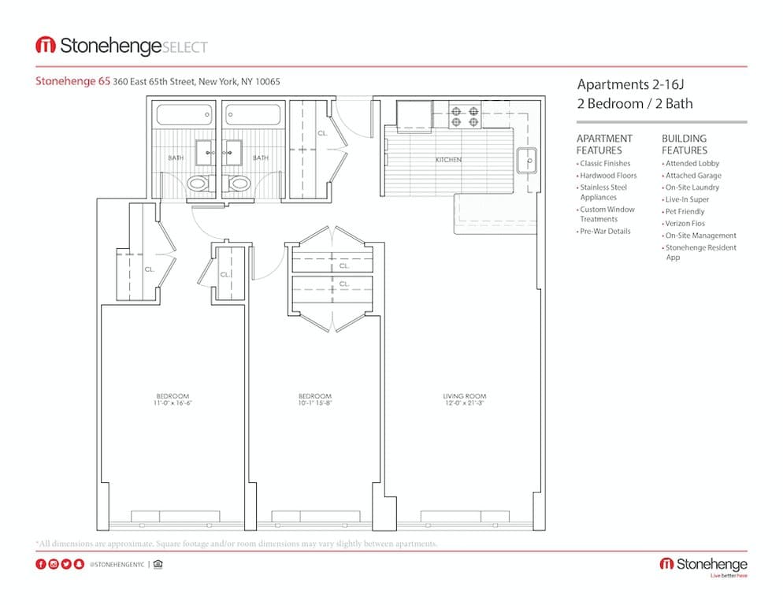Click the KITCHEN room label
click(448, 160)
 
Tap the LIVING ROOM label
click(464, 396)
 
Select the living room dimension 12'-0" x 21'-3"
click(464, 404)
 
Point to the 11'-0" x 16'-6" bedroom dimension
click(173, 404)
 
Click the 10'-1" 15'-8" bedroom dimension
click(314, 404)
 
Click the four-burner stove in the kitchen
click(465, 117)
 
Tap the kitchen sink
click(526, 160)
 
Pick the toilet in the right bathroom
click(239, 184)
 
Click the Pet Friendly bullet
click(685, 212)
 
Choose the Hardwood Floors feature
click(607, 176)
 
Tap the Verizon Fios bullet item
click(685, 224)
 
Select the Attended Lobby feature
click(692, 164)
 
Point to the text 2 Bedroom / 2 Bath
click(635, 103)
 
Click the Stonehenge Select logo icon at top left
click(45, 46)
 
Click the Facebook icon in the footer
click(41, 564)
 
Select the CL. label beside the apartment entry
click(322, 134)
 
